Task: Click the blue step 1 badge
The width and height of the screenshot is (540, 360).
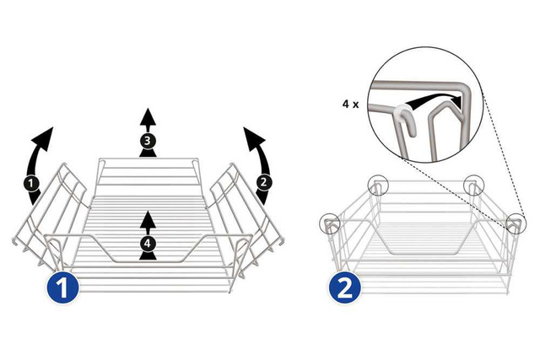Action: pyautogui.click(x=62, y=287)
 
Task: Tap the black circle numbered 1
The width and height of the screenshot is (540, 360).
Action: pyautogui.click(x=31, y=183)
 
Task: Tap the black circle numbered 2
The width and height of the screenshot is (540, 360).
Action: pyautogui.click(x=263, y=182)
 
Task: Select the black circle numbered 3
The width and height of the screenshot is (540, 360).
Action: pyautogui.click(x=148, y=141)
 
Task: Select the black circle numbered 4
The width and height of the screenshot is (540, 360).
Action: pyautogui.click(x=148, y=244)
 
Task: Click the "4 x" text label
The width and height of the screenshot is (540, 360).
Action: pyautogui.click(x=351, y=104)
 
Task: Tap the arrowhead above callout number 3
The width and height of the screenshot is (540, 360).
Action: pyautogui.click(x=148, y=116)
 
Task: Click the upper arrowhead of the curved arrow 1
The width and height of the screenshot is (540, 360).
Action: pyautogui.click(x=44, y=137)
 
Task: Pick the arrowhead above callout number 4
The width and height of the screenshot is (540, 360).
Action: pyautogui.click(x=148, y=219)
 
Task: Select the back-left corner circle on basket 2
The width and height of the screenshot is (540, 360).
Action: pyautogui.click(x=378, y=185)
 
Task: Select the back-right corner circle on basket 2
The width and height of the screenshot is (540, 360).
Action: pyautogui.click(x=473, y=185)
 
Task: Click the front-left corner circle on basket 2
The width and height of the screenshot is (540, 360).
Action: pyautogui.click(x=330, y=223)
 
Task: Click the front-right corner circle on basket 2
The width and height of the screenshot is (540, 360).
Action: pyautogui.click(x=516, y=223)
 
